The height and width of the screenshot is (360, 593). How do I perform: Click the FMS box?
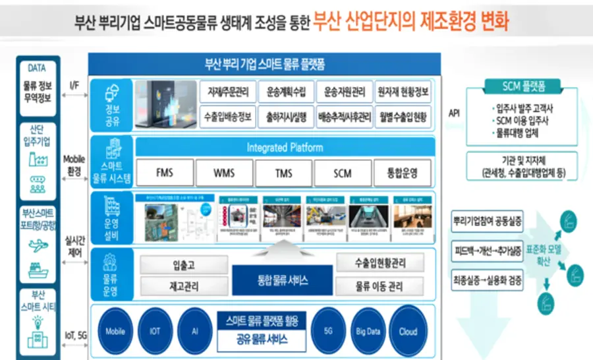(x=165, y=173)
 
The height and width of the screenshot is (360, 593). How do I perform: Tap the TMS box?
(x=283, y=173)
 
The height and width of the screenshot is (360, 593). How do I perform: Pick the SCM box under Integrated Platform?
(x=343, y=173)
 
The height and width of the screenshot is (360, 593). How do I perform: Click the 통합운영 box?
(x=402, y=173)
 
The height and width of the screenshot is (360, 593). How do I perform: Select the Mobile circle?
(x=115, y=331)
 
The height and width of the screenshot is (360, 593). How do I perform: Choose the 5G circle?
(x=329, y=331)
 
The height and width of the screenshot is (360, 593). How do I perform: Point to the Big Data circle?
(x=368, y=331)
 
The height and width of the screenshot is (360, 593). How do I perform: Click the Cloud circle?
(x=408, y=331)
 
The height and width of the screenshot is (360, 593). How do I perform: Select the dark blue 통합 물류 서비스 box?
(x=283, y=280)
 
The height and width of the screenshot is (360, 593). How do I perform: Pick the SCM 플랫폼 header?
(x=519, y=86)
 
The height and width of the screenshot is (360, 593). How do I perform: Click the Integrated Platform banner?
(x=285, y=147)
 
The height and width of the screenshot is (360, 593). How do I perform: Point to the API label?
(x=454, y=113)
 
